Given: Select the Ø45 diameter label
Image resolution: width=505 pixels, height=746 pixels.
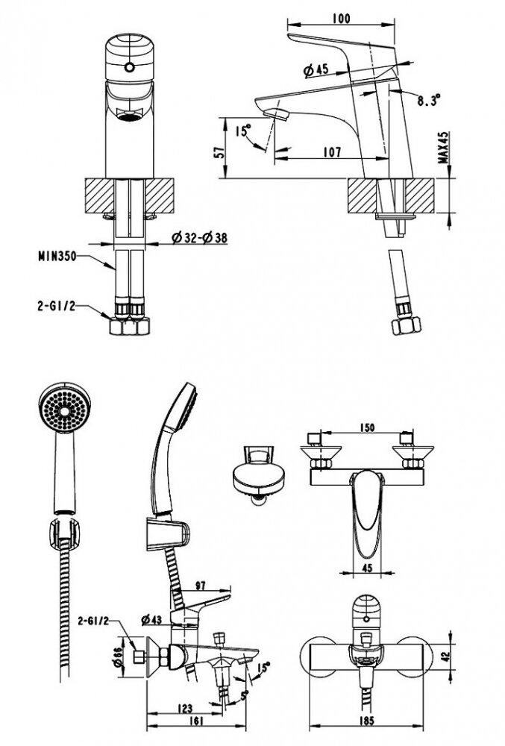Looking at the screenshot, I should [317, 70].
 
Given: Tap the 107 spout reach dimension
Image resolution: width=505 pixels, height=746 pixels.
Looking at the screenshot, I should [333, 152].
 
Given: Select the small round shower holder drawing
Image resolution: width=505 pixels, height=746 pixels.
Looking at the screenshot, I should [256, 471].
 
